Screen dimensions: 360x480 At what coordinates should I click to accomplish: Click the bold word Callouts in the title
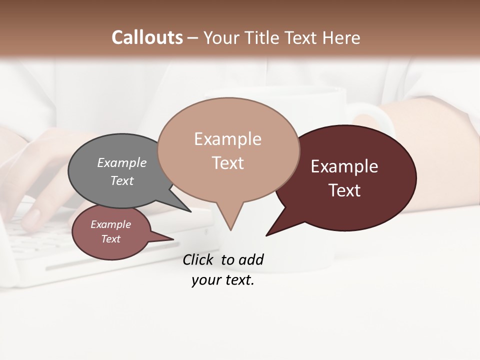(x=147, y=37)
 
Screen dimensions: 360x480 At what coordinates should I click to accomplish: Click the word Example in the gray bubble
(x=121, y=162)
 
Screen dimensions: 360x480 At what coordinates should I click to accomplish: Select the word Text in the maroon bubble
(x=344, y=190)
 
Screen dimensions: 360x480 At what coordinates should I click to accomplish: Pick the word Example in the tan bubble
(x=227, y=139)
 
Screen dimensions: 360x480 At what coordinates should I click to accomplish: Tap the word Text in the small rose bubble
(x=110, y=239)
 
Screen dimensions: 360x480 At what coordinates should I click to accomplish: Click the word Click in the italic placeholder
(x=199, y=259)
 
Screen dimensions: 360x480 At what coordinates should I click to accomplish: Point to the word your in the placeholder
(x=205, y=280)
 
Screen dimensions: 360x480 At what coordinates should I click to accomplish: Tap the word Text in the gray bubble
(x=122, y=180)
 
